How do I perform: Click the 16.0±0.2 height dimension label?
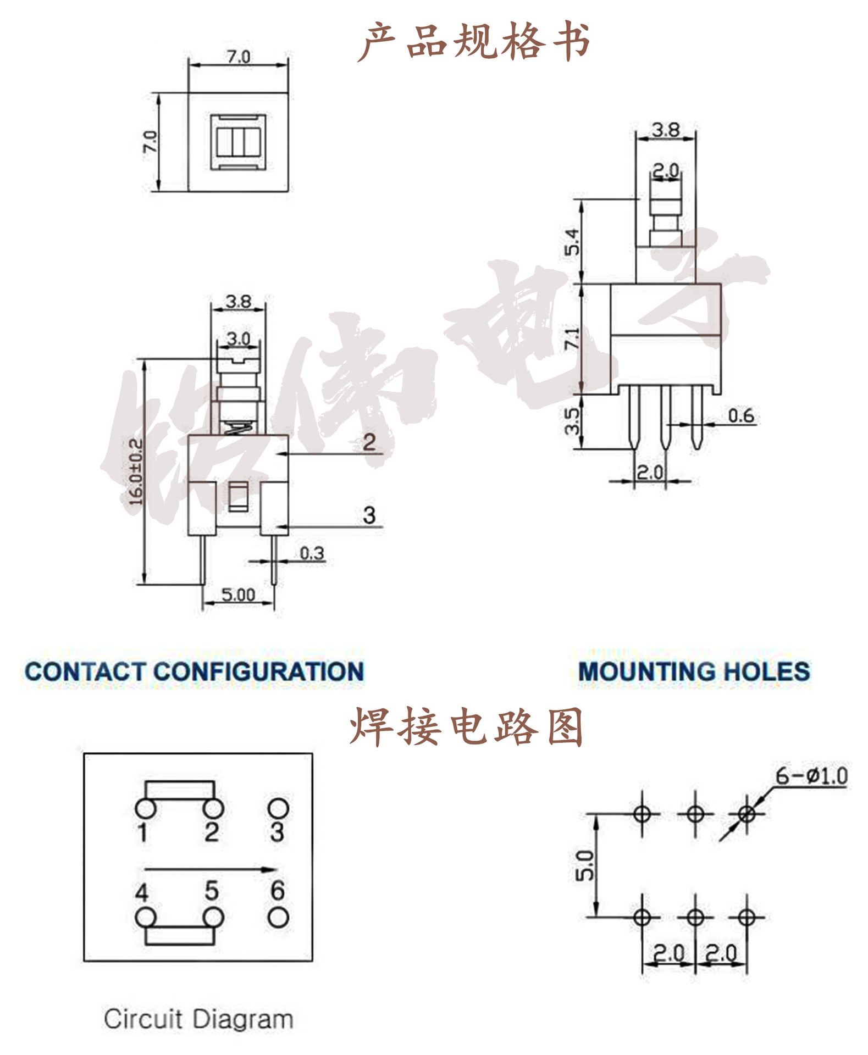tap(136, 471)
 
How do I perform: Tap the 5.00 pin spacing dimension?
tap(238, 595)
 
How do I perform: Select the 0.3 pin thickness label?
tap(312, 553)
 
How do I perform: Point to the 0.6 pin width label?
tap(740, 415)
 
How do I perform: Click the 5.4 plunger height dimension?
tap(572, 242)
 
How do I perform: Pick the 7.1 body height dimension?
tap(572, 338)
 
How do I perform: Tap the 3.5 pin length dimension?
tap(572, 421)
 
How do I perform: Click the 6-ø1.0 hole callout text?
tap(811, 776)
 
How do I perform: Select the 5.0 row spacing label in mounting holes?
tap(584, 866)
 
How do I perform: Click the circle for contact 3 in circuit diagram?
tap(278, 808)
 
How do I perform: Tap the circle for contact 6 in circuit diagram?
tap(278, 918)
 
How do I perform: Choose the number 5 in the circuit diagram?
tap(212, 891)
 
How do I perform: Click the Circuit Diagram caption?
tap(198, 1019)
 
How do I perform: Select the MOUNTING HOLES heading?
tap(694, 671)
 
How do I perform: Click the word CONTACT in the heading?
tap(85, 671)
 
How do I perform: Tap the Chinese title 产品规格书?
tap(474, 41)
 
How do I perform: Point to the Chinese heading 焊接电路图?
tap(466, 726)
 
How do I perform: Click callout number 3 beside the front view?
tap(369, 515)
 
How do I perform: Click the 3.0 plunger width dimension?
tap(238, 338)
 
